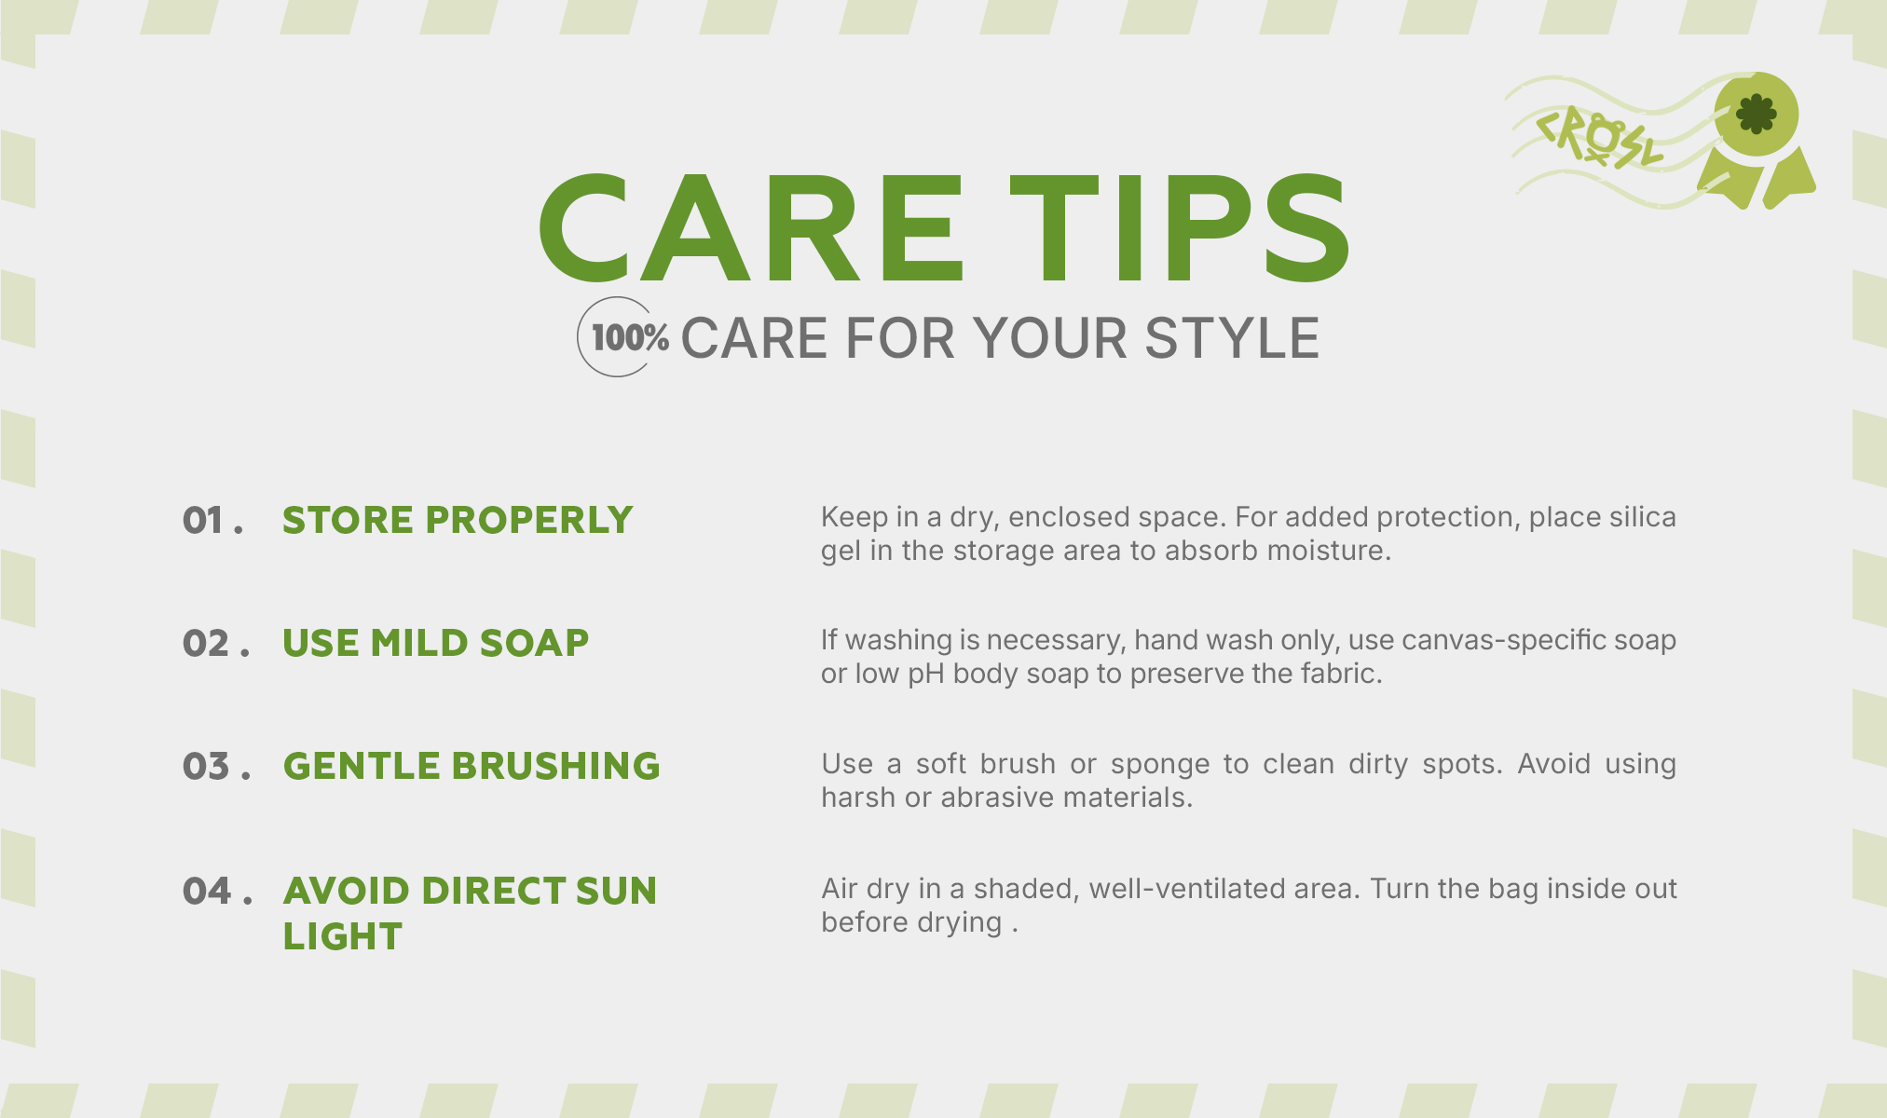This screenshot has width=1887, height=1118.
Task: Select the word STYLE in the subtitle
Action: coord(1232,337)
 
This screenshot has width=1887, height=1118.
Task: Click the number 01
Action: coord(203,521)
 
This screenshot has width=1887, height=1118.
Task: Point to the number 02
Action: coord(206,644)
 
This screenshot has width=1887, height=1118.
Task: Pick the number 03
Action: coord(206,767)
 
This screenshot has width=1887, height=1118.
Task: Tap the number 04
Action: coord(206,892)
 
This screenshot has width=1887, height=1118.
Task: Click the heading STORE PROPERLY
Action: coord(458,521)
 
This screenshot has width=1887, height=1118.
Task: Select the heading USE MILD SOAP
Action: coord(436,644)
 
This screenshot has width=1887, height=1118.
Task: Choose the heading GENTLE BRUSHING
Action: coord(472,767)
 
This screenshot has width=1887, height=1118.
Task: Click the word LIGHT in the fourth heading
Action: coord(342,937)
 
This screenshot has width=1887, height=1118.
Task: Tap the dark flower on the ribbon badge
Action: coord(1757,114)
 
